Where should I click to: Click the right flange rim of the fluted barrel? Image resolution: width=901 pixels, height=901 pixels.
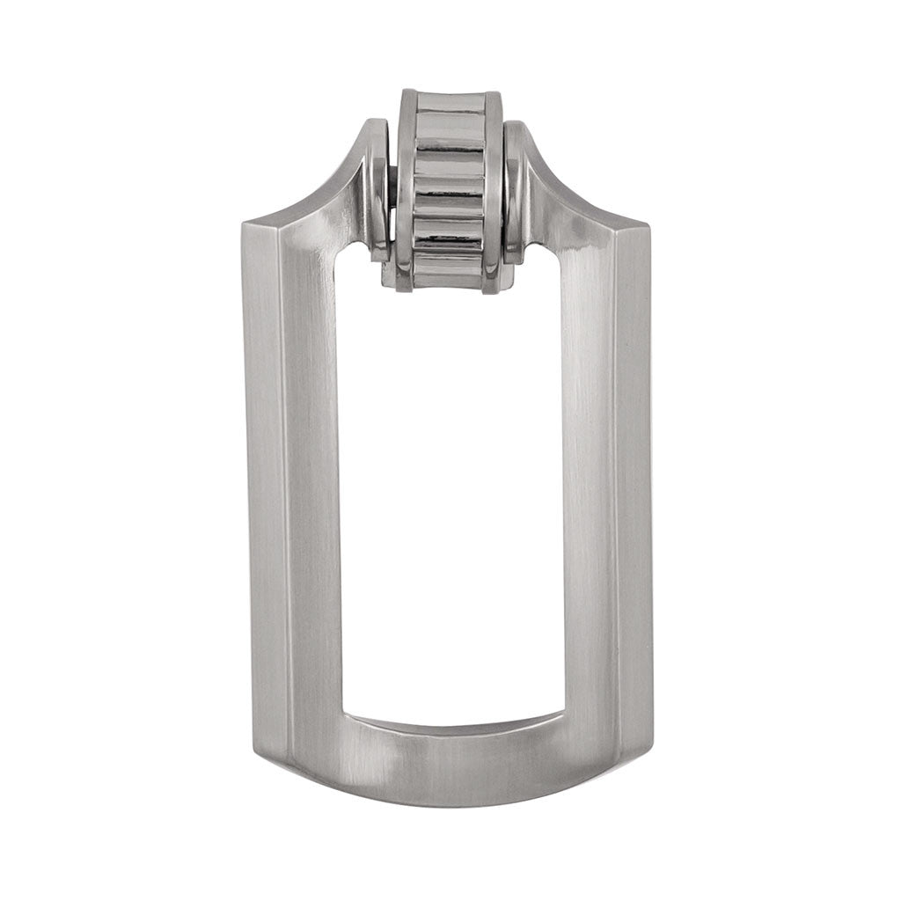tap(493, 189)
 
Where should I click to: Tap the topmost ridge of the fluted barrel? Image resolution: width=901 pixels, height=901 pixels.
tap(450, 102)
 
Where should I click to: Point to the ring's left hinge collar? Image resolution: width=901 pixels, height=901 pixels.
tap(378, 189)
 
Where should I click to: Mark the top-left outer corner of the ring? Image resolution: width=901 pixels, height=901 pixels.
tap(244, 223)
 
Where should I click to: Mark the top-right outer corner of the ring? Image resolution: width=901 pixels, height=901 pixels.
tap(649, 223)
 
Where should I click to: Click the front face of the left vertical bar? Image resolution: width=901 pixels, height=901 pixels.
tap(313, 484)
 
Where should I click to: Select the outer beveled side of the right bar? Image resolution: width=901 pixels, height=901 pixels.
tap(634, 484)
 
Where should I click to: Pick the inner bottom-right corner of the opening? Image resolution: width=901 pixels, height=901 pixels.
tap(563, 711)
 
